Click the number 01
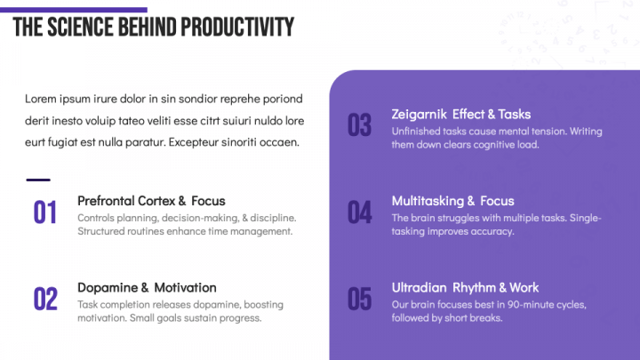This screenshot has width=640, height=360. pyautogui.click(x=45, y=212)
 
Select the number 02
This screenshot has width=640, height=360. pyautogui.click(x=45, y=300)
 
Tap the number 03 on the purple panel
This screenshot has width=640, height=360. pyautogui.click(x=359, y=126)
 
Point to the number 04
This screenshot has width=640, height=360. pyautogui.click(x=359, y=212)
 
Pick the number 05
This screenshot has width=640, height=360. pyautogui.click(x=359, y=300)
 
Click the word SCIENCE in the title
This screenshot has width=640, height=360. pyautogui.click(x=78, y=28)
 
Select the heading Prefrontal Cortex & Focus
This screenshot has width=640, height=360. pyautogui.click(x=151, y=201)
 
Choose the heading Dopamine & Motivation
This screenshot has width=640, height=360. pyautogui.click(x=147, y=288)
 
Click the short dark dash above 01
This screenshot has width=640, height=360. pyautogui.click(x=38, y=180)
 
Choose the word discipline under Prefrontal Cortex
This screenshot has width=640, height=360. pyautogui.click(x=268, y=218)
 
